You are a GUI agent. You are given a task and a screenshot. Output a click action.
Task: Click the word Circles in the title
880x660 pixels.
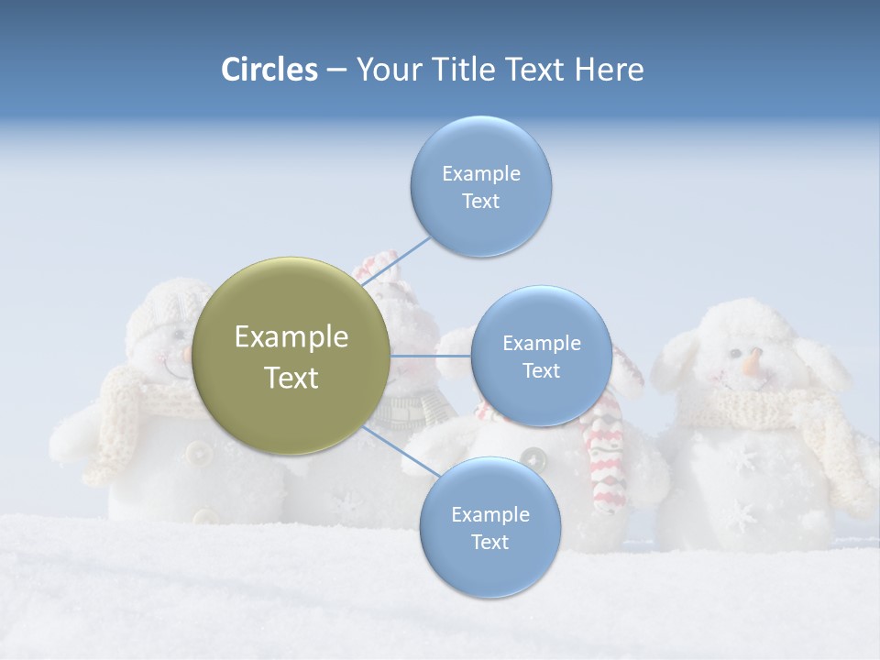coord(269,70)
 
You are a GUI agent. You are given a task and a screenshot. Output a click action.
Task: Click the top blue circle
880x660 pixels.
coord(480,187)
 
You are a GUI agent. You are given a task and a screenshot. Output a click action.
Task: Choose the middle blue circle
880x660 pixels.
coord(541,357)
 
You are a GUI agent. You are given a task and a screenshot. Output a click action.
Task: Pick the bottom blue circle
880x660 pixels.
coord(489,528)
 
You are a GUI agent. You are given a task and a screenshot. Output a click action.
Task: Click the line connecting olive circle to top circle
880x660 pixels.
coord(396,261)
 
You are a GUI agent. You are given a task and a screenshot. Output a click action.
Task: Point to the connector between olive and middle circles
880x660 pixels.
coord(430,356)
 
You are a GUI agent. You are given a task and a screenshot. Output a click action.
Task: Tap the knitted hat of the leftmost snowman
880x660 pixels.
coord(160,307)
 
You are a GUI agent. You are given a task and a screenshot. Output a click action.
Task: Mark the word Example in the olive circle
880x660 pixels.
coord(291,337)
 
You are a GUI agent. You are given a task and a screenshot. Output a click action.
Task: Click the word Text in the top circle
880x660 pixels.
coord(480,202)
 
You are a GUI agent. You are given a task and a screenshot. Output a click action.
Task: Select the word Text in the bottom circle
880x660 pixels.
coord(489,543)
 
